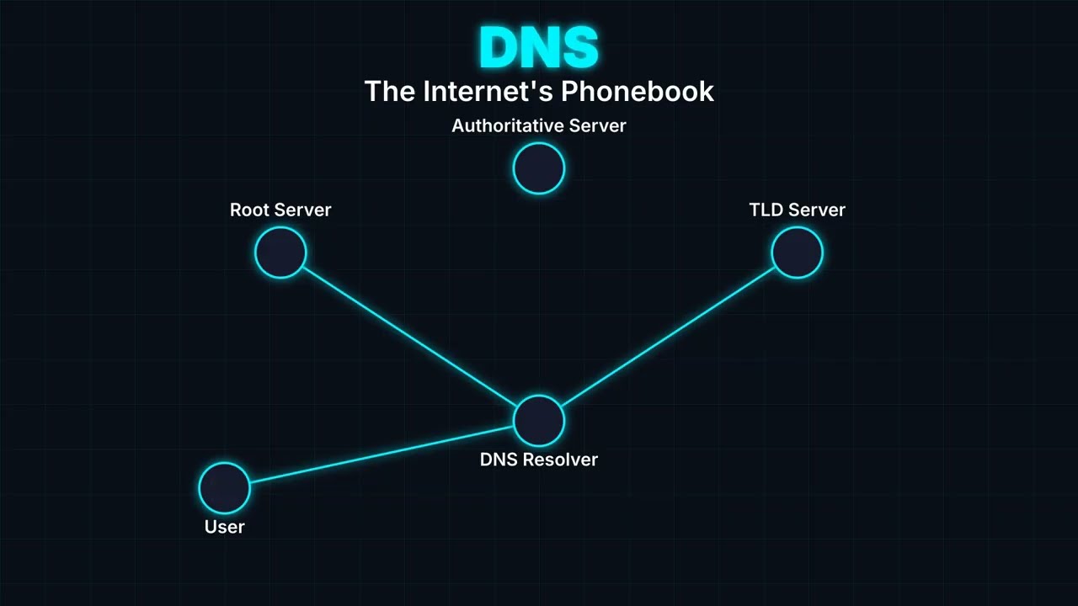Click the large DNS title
tap(539, 47)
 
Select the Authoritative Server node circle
tap(539, 168)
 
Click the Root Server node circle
tap(280, 252)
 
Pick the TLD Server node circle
tap(797, 252)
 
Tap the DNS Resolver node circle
tap(539, 420)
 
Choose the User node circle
tap(225, 487)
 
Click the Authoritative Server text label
tap(539, 125)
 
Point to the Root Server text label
tap(280, 210)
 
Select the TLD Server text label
tap(797, 210)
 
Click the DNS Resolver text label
tap(539, 460)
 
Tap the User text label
tap(225, 527)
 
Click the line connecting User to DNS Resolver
tap(382, 454)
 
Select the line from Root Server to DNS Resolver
tap(409, 336)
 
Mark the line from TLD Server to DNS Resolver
tap(668, 336)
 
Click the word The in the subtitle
tap(390, 91)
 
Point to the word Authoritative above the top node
tap(507, 125)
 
